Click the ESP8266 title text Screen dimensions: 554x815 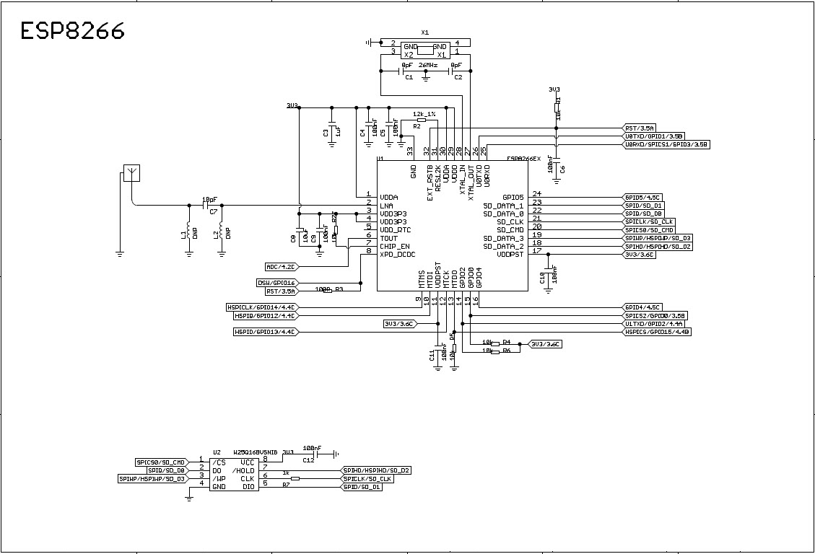click(72, 30)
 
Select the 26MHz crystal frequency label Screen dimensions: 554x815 click(429, 65)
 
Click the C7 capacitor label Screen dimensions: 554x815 click(213, 212)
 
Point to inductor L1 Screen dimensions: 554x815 click(189, 232)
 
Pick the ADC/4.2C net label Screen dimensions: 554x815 click(282, 266)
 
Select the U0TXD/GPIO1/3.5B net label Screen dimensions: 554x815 click(653, 136)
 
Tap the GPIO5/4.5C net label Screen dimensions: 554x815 click(642, 197)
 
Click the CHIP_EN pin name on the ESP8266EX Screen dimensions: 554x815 click(394, 246)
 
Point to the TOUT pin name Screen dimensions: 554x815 click(388, 238)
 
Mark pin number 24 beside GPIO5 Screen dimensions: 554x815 click(537, 193)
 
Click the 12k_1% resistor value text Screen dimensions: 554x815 click(424, 114)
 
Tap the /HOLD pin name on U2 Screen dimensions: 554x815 click(243, 470)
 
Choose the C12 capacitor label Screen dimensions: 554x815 click(308, 460)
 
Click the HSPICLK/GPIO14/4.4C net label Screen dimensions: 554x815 click(261, 307)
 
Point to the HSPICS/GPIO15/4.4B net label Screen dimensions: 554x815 click(658, 332)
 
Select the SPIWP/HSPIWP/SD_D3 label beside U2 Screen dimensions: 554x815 click(152, 478)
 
